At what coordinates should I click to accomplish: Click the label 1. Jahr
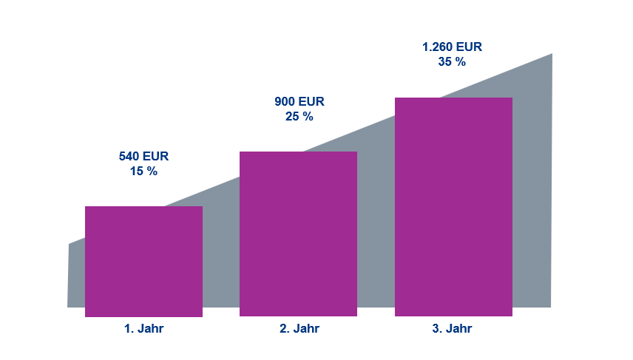(x=143, y=329)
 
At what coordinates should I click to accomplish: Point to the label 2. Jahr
(x=299, y=329)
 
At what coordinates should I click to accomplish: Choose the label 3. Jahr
(x=452, y=329)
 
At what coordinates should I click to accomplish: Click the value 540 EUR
(x=143, y=156)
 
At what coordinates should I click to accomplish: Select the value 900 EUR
(x=299, y=101)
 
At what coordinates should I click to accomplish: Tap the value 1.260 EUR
(x=452, y=47)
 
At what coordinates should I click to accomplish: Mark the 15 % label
(x=143, y=171)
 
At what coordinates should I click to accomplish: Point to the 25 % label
(x=299, y=117)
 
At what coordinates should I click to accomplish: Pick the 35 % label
(x=452, y=62)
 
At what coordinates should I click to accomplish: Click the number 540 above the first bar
(x=129, y=156)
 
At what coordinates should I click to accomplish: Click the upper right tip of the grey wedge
(x=550, y=56)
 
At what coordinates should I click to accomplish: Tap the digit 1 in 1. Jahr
(x=127, y=329)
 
